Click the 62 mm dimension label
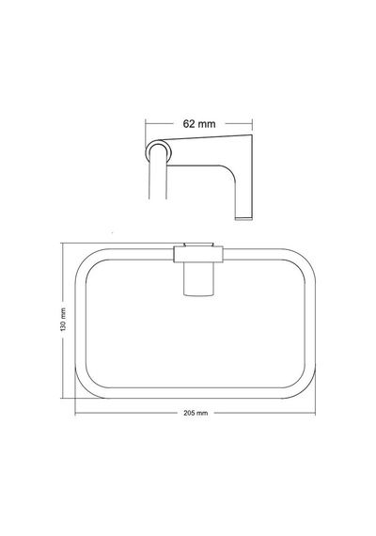pyautogui.click(x=199, y=124)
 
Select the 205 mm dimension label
pyautogui.click(x=196, y=413)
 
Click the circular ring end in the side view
pyautogui.click(x=159, y=151)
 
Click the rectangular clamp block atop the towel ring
pyautogui.click(x=198, y=255)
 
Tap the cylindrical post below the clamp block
pyautogui.click(x=199, y=279)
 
